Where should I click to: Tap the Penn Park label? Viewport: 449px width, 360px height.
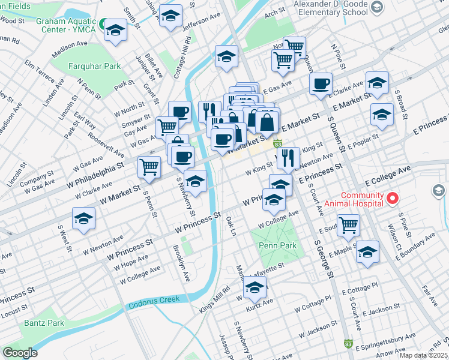[273, 245]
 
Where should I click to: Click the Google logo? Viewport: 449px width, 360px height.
[20, 352]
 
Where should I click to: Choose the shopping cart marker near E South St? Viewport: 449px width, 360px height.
[348, 225]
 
